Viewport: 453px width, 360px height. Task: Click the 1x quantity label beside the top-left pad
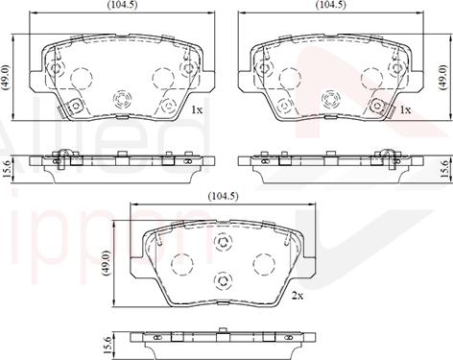pos(198,110)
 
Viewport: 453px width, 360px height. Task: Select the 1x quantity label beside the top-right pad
pos(405,110)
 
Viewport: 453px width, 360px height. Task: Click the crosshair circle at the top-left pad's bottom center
pos(122,98)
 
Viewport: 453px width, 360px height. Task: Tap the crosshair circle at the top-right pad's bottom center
pos(330,98)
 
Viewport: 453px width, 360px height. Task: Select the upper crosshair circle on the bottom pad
pos(224,242)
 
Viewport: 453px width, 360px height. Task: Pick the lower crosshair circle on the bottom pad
pos(224,280)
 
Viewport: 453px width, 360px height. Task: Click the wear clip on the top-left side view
pos(63,156)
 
